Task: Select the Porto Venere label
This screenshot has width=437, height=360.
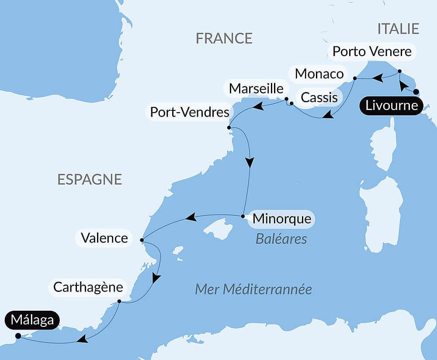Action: (x=372, y=52)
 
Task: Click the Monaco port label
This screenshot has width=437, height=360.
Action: (x=319, y=73)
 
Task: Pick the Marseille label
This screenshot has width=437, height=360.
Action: (x=256, y=89)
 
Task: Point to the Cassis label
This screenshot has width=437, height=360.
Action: (x=319, y=97)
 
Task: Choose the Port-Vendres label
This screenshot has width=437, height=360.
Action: (x=189, y=112)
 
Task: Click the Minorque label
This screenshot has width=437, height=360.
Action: (x=282, y=218)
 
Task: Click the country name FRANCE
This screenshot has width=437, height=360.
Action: (x=224, y=38)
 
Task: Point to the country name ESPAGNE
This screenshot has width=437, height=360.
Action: (x=90, y=179)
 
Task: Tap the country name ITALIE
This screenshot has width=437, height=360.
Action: (x=398, y=29)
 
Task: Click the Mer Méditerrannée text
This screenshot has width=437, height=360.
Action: (x=253, y=289)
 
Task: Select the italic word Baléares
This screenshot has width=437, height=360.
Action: (x=281, y=239)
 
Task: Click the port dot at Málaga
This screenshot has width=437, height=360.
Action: (x=18, y=336)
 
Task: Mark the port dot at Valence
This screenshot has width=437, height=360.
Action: (x=142, y=240)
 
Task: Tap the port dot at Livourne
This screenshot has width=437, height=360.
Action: (x=416, y=92)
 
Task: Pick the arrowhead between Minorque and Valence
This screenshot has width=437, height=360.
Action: (x=191, y=217)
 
